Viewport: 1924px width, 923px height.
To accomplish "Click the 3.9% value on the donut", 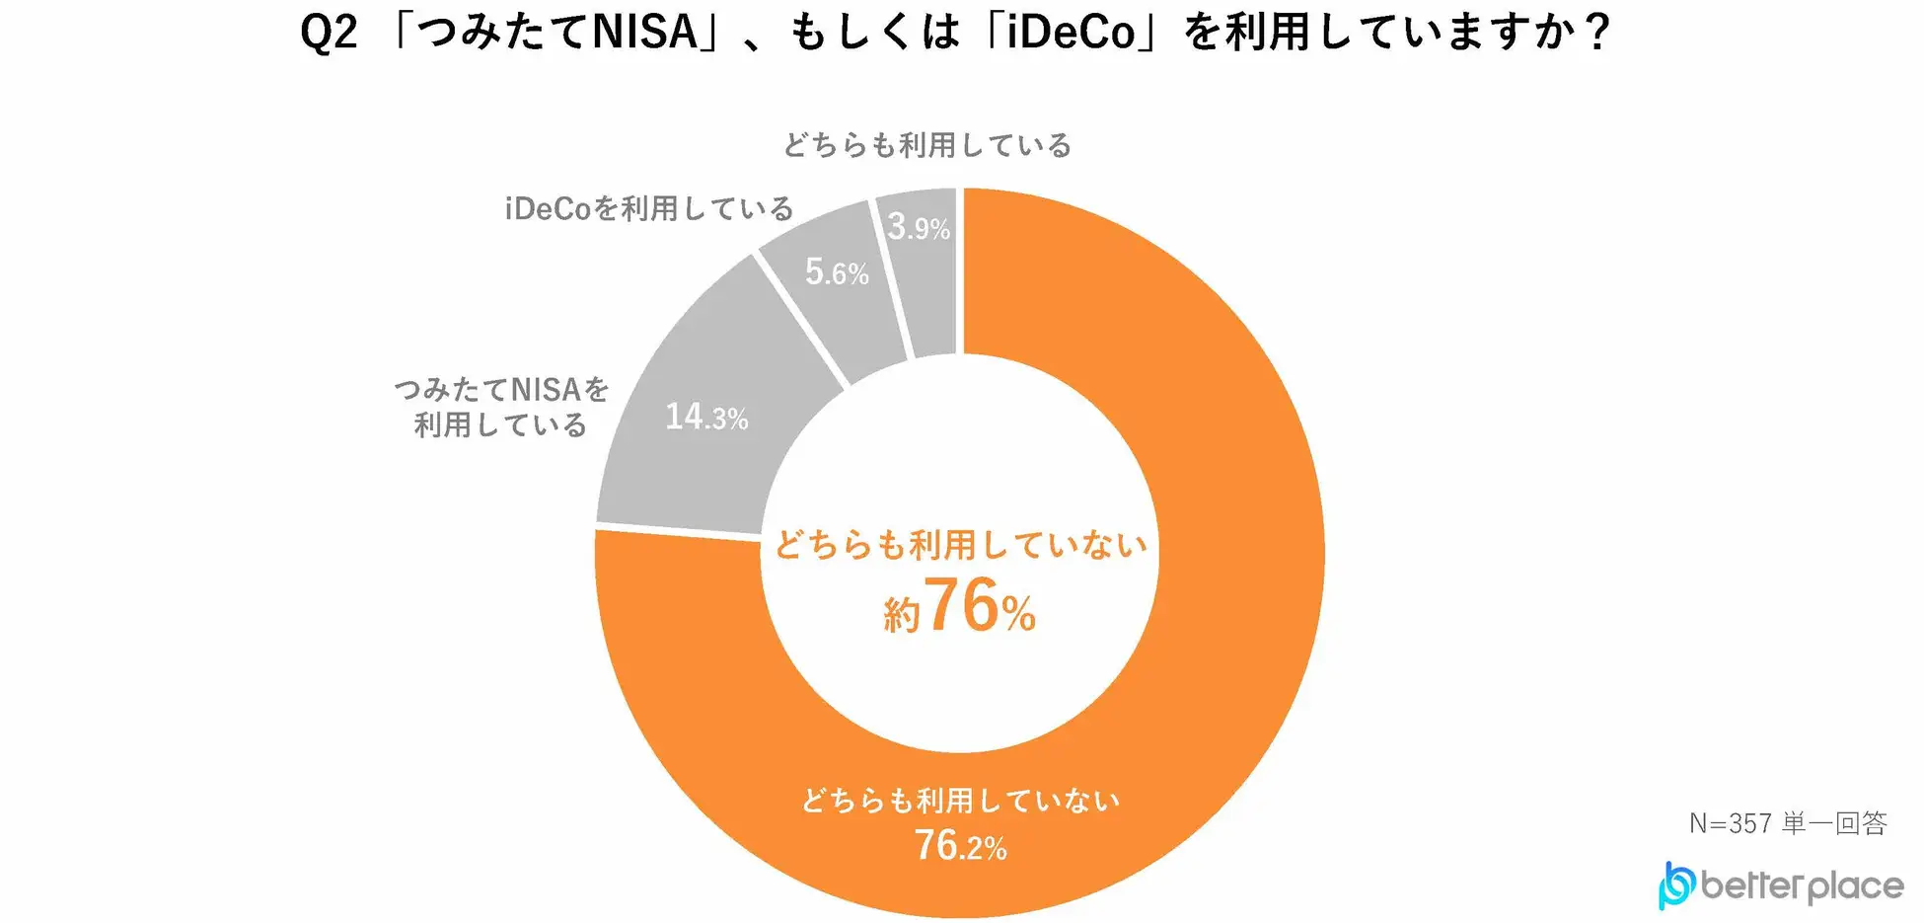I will [919, 227].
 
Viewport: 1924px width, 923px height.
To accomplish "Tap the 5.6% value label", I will [837, 271].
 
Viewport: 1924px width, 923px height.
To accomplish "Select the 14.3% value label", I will [706, 417].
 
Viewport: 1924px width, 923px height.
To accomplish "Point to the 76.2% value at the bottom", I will [960, 846].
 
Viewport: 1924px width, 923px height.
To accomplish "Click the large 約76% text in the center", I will [960, 607].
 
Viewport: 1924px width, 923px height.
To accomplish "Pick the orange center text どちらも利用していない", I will [960, 544].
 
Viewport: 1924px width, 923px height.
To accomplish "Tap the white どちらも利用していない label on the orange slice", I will [960, 800].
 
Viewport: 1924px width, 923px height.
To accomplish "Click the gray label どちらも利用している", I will [926, 146].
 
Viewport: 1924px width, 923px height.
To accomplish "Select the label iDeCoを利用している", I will [649, 209].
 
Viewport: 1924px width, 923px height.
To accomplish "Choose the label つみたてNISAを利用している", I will [501, 407].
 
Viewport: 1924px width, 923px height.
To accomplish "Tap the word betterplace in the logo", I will [1802, 886].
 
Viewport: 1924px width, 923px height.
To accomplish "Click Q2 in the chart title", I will [329, 33].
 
